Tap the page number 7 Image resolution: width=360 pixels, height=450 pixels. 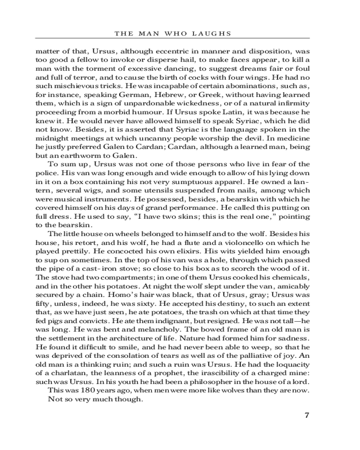[307, 415]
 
